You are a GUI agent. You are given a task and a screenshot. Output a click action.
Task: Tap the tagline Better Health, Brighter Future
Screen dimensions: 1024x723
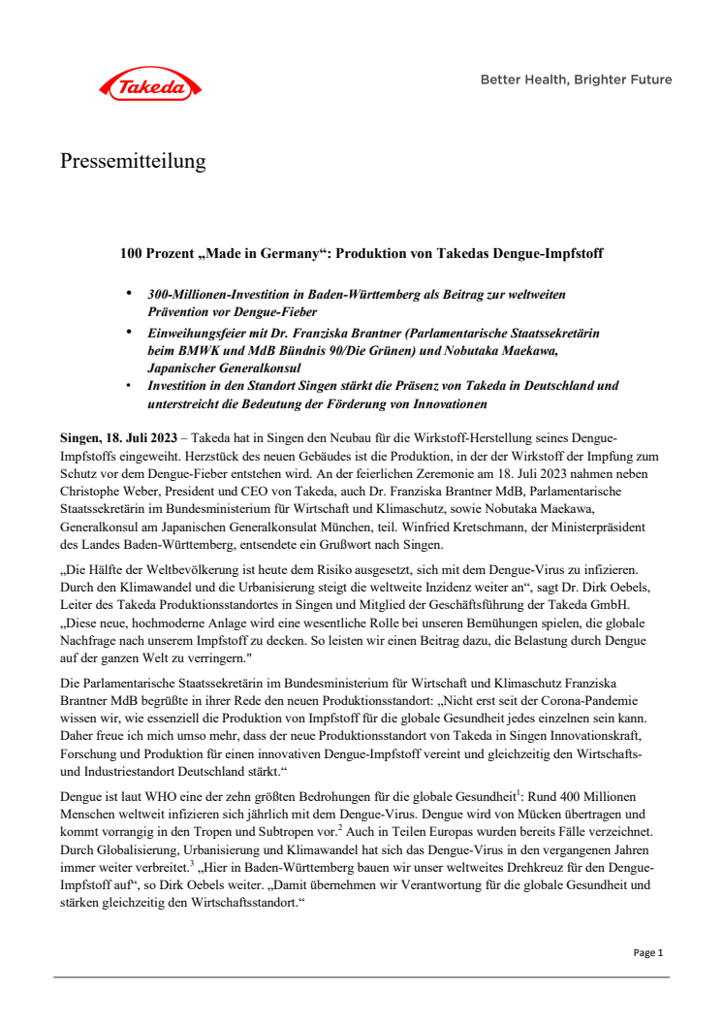coord(576,80)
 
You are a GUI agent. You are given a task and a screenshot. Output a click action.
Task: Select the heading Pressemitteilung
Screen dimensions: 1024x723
coord(133,161)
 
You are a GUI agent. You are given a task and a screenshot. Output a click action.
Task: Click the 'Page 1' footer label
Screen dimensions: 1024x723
coord(647,953)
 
